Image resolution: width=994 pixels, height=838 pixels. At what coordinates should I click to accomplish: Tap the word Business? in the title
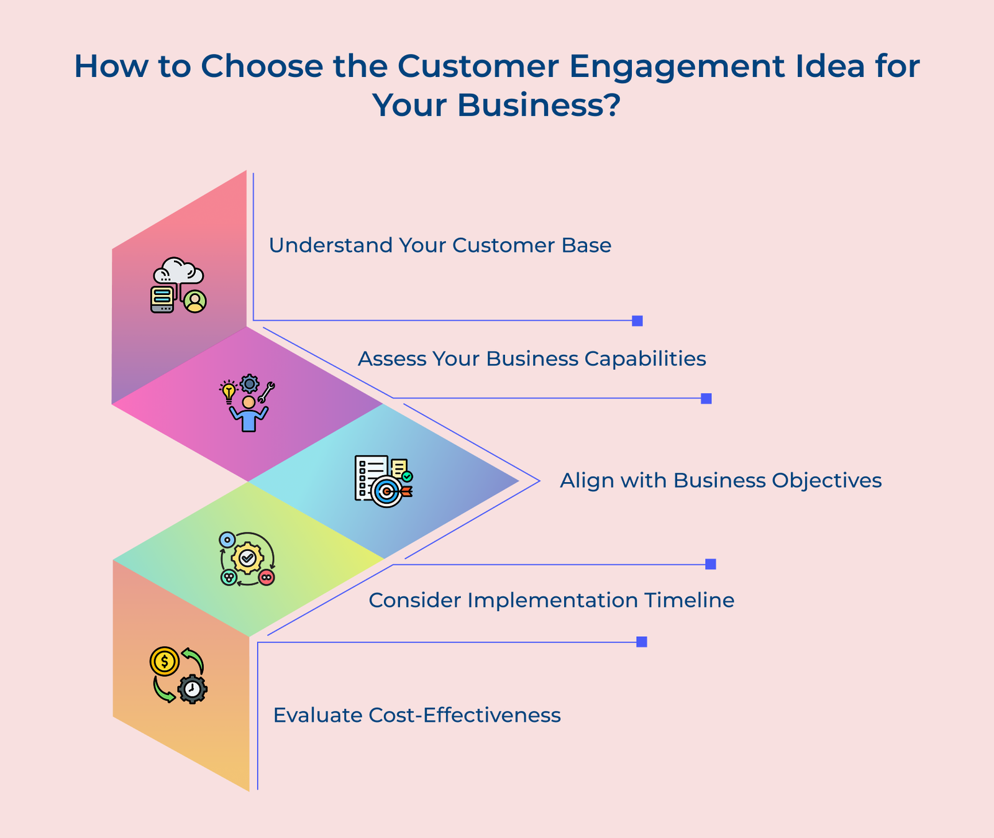click(539, 105)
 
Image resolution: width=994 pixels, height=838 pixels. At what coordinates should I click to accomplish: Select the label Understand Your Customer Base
click(440, 245)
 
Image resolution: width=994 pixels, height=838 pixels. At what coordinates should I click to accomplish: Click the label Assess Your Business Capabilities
click(532, 359)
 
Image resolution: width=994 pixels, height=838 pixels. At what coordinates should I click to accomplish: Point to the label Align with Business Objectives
click(721, 481)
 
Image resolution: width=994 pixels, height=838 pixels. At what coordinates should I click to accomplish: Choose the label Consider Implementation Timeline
click(551, 601)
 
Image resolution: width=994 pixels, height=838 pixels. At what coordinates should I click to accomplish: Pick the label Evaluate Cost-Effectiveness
click(417, 716)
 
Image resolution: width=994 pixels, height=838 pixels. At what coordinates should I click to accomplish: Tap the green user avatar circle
click(195, 301)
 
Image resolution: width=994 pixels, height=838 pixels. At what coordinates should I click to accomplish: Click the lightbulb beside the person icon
click(229, 392)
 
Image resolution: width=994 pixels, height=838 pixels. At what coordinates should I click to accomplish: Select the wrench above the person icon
click(268, 391)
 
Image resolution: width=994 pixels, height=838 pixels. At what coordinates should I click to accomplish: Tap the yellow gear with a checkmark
click(247, 558)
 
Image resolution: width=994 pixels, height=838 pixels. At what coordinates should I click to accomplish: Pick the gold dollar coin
click(165, 662)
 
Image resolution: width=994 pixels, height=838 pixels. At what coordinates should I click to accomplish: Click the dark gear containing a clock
click(193, 689)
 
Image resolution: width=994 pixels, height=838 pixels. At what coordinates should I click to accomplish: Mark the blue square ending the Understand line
click(637, 321)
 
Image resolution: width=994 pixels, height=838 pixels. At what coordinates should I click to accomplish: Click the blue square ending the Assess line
click(706, 399)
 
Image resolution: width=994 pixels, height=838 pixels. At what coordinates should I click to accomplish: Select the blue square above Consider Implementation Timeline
click(711, 564)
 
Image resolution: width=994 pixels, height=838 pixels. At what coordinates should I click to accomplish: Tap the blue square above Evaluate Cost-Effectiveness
click(642, 642)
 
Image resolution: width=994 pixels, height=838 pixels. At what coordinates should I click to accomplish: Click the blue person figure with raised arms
click(248, 416)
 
